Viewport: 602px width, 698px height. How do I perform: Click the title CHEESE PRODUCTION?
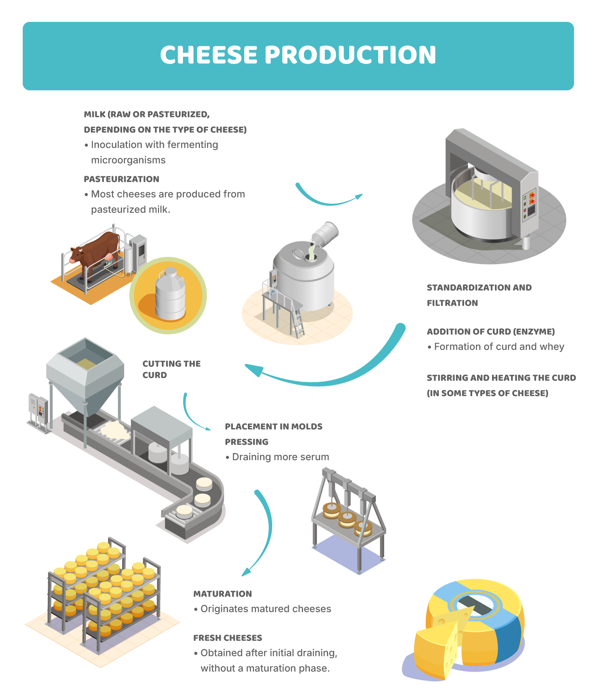tap(298, 55)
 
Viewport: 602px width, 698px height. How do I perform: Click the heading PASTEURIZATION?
tap(121, 179)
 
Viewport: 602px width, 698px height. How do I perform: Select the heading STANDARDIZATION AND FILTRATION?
tap(479, 295)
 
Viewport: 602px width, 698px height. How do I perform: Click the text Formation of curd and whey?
tap(499, 347)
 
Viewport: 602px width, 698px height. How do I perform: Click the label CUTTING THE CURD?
tap(171, 369)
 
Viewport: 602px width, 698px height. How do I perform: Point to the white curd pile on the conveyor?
tap(116, 429)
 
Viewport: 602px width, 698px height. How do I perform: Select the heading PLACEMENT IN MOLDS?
tap(274, 427)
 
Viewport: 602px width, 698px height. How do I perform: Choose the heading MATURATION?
tap(223, 594)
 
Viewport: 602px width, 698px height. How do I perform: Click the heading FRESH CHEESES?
tap(228, 638)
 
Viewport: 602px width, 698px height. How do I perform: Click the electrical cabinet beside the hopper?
tap(39, 411)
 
